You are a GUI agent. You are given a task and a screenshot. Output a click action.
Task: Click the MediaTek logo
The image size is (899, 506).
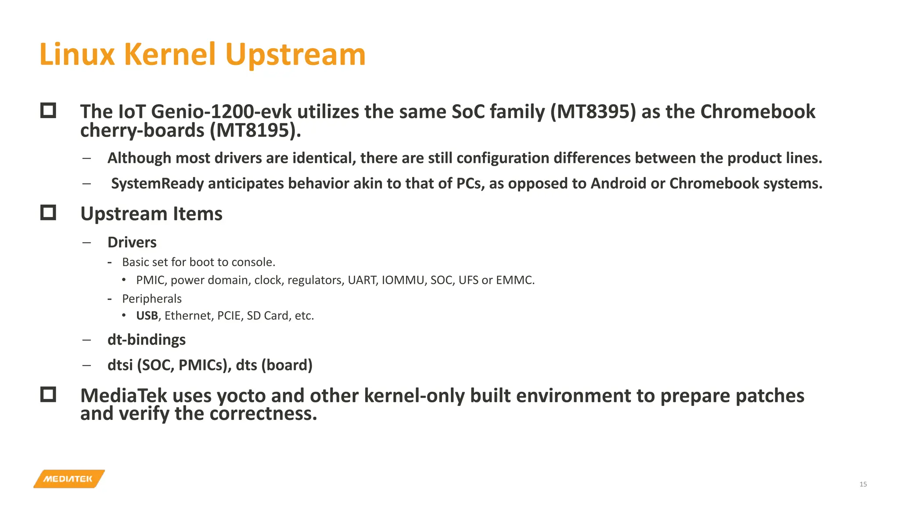(69, 479)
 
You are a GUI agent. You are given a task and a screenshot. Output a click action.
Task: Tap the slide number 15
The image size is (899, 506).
(863, 484)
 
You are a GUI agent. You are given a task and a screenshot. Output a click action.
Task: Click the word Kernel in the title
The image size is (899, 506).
(170, 54)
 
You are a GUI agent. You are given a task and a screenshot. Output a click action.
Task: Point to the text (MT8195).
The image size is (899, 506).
(255, 130)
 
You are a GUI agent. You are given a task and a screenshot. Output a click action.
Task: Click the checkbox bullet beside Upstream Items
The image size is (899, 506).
(48, 213)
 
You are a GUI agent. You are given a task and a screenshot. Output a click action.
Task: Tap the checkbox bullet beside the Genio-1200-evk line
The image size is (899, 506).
(48, 111)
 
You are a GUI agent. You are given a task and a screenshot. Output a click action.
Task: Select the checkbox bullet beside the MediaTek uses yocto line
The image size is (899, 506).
(48, 394)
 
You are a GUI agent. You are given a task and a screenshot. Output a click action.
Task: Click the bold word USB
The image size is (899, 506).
(147, 316)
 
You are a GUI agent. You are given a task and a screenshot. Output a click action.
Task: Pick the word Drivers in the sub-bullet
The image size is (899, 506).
(132, 242)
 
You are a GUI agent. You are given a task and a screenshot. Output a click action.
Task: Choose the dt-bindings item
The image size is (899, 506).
(146, 340)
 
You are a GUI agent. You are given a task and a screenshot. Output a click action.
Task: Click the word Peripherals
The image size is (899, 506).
(151, 299)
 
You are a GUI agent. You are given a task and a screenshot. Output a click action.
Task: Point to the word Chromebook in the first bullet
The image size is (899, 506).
(758, 112)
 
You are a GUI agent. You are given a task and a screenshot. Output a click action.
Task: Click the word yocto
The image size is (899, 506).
(241, 396)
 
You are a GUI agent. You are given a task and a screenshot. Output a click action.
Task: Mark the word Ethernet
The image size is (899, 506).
(187, 316)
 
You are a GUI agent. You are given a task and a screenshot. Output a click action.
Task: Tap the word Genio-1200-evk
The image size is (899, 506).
(221, 112)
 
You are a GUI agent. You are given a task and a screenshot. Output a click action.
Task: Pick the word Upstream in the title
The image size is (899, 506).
(295, 54)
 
